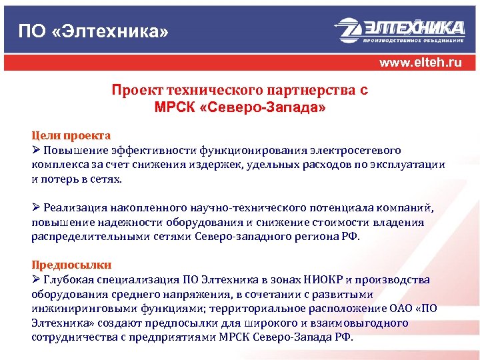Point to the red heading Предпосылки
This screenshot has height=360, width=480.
pos(71,265)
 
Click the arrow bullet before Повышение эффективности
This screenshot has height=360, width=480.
pos(37,148)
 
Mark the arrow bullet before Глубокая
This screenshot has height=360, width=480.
pos(37,279)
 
